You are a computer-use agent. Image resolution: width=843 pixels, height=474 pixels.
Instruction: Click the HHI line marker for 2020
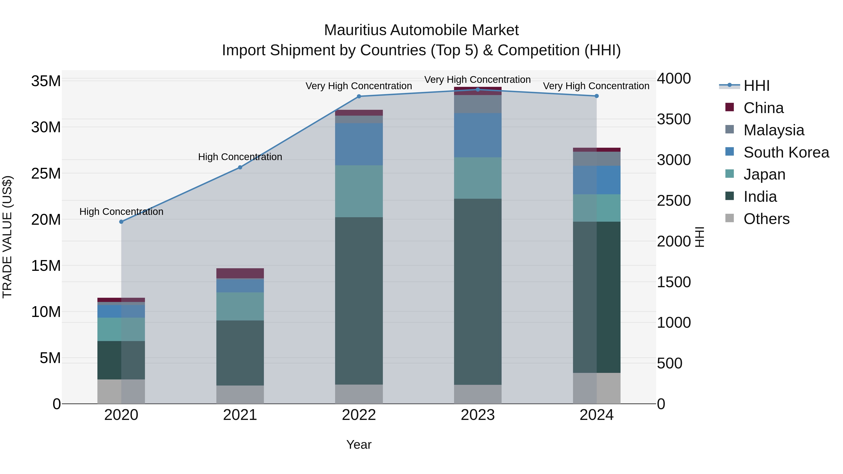click(x=121, y=222)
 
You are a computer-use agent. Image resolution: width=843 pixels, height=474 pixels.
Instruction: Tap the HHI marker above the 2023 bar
click(x=477, y=89)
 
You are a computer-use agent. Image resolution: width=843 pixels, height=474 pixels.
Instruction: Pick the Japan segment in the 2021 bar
click(x=240, y=306)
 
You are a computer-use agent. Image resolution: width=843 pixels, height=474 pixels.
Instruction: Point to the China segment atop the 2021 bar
click(x=240, y=273)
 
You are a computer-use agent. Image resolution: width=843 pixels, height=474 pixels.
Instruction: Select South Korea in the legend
click(x=786, y=152)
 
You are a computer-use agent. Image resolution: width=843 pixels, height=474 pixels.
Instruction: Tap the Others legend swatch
click(x=729, y=218)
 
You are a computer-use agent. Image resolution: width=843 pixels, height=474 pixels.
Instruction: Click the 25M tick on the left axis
click(x=46, y=173)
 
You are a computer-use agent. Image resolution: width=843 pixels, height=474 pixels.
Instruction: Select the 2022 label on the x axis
click(x=359, y=415)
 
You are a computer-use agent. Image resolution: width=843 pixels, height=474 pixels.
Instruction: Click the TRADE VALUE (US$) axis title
click(x=7, y=237)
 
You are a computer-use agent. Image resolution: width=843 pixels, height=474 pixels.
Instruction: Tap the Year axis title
click(x=359, y=445)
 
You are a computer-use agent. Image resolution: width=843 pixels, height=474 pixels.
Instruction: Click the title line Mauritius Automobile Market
click(x=421, y=30)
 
